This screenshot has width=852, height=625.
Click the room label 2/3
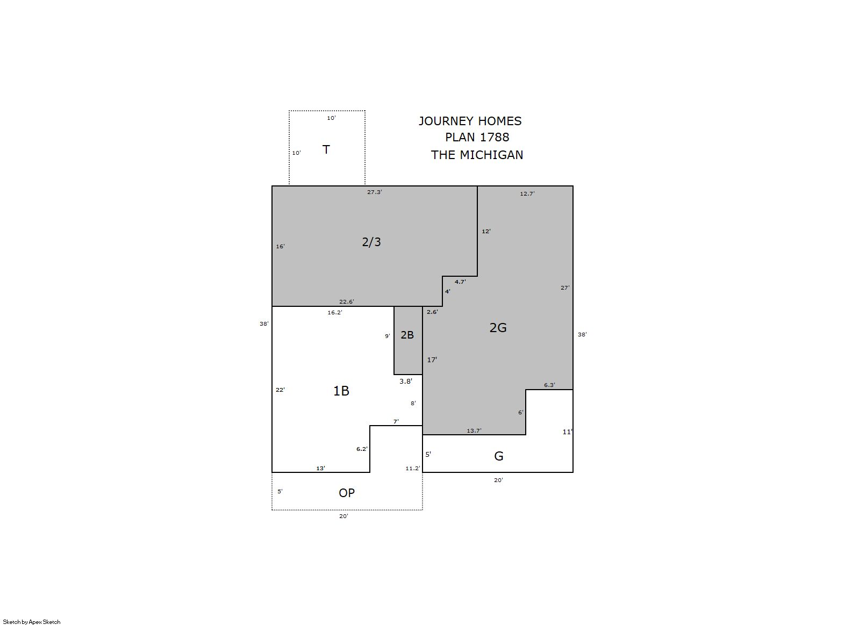click(x=371, y=242)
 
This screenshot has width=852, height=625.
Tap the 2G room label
click(x=498, y=327)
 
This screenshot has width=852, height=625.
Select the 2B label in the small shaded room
click(x=407, y=335)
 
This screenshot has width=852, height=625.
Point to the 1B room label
click(x=341, y=391)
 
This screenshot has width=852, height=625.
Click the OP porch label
click(x=347, y=493)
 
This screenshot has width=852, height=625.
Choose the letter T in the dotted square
click(x=326, y=149)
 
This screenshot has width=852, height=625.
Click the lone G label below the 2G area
click(x=499, y=456)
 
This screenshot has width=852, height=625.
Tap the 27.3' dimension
click(x=374, y=192)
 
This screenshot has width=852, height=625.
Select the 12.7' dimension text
click(x=527, y=193)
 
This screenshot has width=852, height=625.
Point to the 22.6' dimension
click(x=347, y=301)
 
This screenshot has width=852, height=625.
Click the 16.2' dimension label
click(x=335, y=313)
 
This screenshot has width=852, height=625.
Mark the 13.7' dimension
click(x=474, y=431)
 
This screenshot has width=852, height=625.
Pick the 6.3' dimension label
click(x=549, y=385)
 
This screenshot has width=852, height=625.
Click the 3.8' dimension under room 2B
click(x=405, y=382)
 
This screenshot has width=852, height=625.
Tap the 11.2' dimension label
click(x=413, y=469)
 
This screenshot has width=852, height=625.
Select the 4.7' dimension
click(x=460, y=282)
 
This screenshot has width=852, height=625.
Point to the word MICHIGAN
click(x=491, y=155)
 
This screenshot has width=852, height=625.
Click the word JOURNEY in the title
click(x=446, y=121)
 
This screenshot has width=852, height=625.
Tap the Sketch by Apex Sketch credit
click(x=32, y=622)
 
